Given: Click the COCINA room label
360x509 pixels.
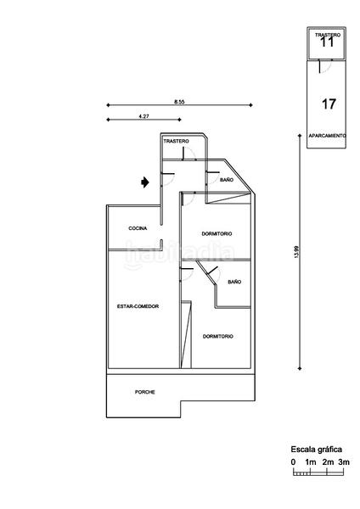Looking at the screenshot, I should tap(138, 228).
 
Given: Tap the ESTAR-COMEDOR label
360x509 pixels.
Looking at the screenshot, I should tap(138, 305).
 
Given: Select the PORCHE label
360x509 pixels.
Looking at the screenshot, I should tap(145, 392).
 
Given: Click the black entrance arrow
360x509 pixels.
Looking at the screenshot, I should tap(146, 181).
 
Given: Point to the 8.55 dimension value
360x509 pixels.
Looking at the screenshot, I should tap(179, 102).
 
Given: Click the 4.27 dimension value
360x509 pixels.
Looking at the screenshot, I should tap(143, 115).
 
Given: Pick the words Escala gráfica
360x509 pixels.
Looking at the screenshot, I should tap(317, 449).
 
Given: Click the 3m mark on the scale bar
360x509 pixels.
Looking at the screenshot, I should tap(344, 461).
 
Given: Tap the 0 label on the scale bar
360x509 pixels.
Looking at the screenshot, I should tap(293, 461).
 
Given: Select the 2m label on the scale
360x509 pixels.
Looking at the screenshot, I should tap(328, 461).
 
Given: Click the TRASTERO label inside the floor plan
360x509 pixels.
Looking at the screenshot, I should tap(176, 140).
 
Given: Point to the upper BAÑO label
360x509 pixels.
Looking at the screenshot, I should tap(227, 180).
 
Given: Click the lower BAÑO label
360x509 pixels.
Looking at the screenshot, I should tap(234, 281).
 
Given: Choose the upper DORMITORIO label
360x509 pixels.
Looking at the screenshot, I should tap(217, 233).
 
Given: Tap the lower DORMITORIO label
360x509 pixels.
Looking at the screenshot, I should tap(218, 336).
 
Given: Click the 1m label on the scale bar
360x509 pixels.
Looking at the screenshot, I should tap(311, 461).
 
